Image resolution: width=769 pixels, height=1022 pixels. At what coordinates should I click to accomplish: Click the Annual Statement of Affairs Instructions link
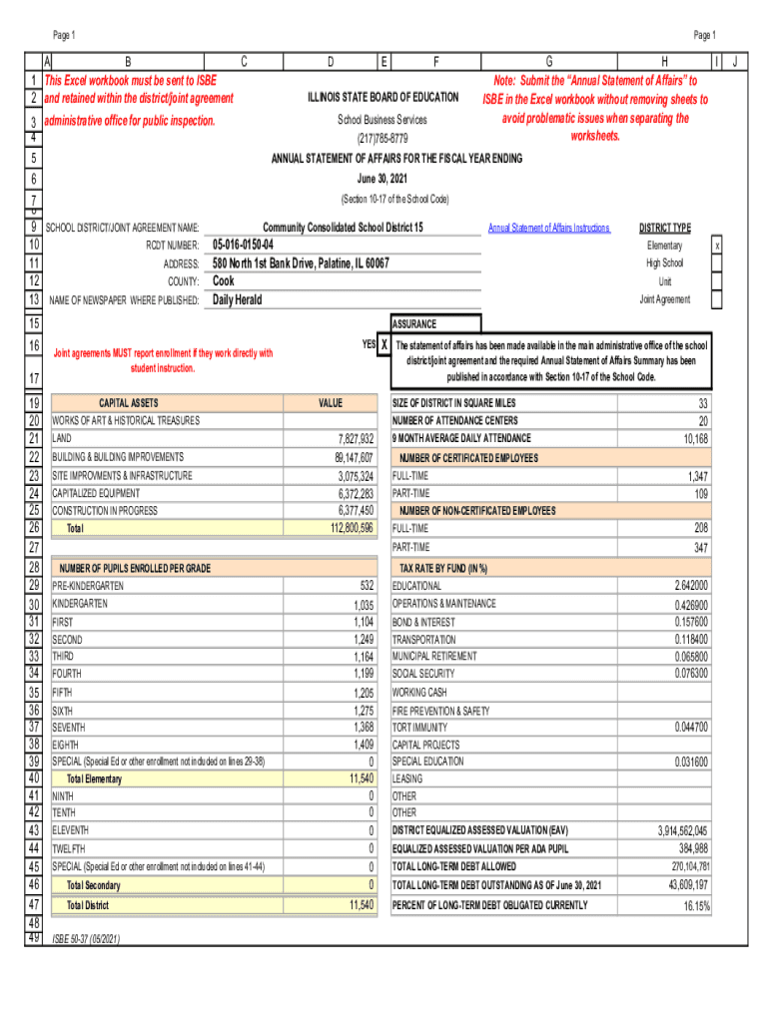click(x=548, y=229)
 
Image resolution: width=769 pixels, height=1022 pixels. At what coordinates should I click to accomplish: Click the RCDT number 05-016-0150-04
click(x=243, y=246)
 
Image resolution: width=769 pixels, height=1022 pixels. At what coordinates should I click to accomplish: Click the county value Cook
click(x=224, y=281)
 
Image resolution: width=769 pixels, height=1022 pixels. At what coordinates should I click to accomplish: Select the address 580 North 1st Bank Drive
click(x=301, y=263)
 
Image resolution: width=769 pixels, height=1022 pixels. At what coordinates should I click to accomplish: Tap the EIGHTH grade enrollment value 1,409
click(x=361, y=744)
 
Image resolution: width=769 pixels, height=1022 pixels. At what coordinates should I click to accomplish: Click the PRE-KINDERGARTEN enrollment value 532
click(x=366, y=586)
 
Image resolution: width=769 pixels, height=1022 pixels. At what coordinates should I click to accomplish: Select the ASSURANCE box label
click(x=413, y=324)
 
